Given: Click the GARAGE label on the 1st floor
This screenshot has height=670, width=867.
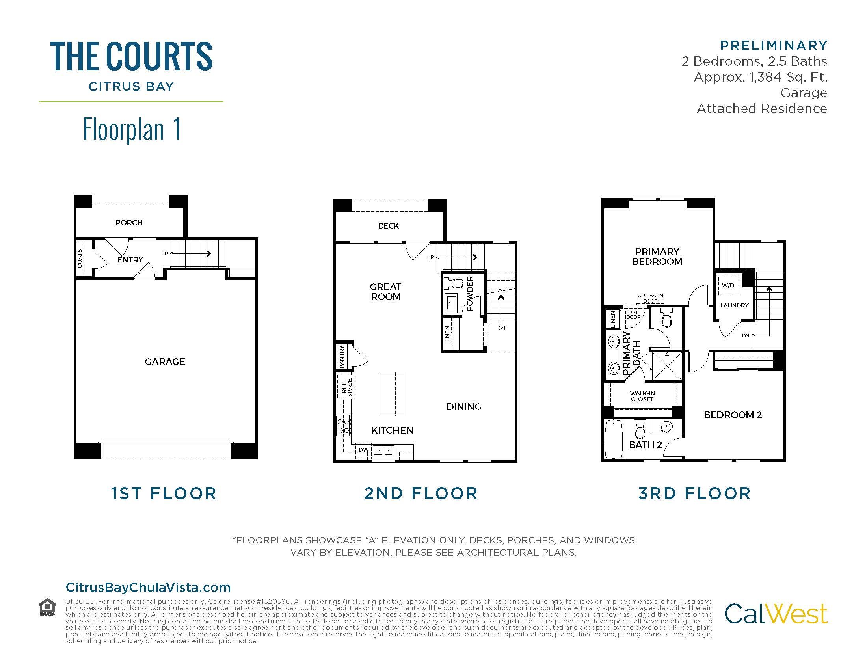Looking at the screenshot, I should tap(165, 361).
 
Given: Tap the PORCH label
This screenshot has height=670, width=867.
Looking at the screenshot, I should tap(129, 223).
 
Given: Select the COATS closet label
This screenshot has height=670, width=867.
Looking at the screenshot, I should tap(80, 258).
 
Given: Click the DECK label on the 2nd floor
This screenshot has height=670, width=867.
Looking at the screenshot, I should tap(388, 226).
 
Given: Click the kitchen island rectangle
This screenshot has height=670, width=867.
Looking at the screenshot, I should tap(391, 394).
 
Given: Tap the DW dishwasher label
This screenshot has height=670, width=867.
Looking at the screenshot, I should tap(363, 450).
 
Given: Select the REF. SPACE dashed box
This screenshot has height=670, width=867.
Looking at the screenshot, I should tap(346, 387).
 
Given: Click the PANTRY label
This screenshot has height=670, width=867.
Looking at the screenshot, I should tap(342, 356).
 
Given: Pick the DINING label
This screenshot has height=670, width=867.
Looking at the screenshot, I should tap(464, 406).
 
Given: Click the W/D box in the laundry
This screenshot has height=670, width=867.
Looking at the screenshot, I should tap(727, 285).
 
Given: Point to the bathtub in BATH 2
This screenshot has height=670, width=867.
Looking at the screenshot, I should tap(614, 440).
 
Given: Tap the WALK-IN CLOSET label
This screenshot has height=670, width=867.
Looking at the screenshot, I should tap(642, 396).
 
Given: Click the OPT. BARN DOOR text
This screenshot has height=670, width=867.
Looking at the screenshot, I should tap(650, 298).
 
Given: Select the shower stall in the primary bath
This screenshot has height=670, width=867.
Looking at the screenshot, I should tap(667, 366).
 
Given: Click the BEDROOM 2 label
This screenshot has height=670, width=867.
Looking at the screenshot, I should tap(733, 415).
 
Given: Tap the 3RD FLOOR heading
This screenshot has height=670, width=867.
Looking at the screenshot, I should tap(695, 493).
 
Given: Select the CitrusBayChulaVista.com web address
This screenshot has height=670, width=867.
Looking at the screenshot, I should tap(148, 588).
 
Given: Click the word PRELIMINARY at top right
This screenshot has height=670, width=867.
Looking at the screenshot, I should tap(774, 46).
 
